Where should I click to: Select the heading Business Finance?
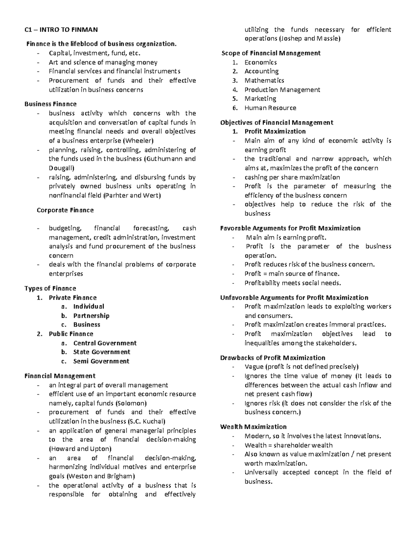(x=50, y=104)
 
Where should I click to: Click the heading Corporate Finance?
(x=65, y=210)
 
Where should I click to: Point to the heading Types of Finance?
(x=50, y=288)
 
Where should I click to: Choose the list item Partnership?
(x=91, y=316)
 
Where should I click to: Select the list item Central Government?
(x=105, y=343)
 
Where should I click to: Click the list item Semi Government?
(x=101, y=361)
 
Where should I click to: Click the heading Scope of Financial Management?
(x=271, y=53)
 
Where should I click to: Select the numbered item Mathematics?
(x=264, y=80)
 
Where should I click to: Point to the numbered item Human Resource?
(x=270, y=108)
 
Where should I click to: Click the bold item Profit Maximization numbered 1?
(x=275, y=131)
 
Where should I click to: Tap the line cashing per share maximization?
(x=292, y=177)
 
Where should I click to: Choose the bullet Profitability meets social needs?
(x=293, y=283)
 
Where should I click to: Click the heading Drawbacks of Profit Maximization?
(x=272, y=358)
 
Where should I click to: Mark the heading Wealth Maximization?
(x=253, y=426)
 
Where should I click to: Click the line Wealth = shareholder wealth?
(x=288, y=445)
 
